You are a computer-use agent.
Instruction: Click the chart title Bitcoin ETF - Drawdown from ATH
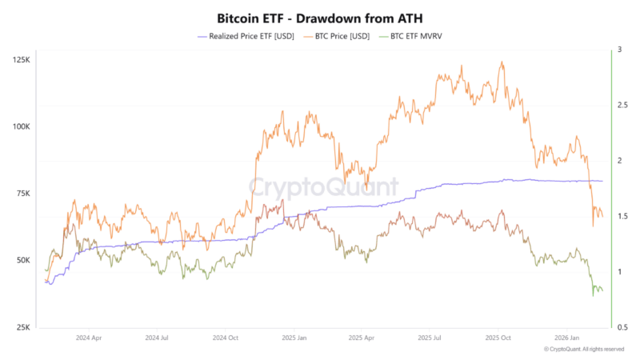pyautogui.click(x=319, y=17)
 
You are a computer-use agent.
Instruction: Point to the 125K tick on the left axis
pyautogui.click(x=21, y=60)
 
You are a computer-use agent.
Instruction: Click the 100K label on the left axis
pyautogui.click(x=21, y=127)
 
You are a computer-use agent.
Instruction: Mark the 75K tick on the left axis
pyautogui.click(x=22, y=194)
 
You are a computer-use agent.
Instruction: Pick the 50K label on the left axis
pyautogui.click(x=22, y=261)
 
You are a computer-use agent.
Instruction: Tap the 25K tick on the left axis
pyautogui.click(x=22, y=327)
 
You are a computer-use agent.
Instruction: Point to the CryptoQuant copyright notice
pyautogui.click(x=583, y=350)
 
